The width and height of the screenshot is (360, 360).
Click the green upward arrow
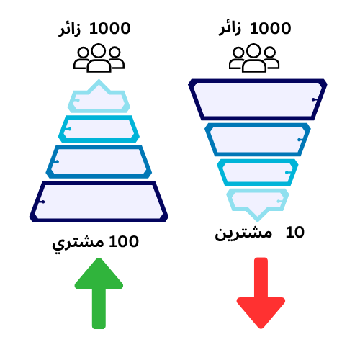(x=99, y=293)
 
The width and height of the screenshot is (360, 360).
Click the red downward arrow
(x=261, y=293)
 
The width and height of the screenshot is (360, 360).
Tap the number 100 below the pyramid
(x=124, y=241)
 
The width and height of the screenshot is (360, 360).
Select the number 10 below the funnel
(x=295, y=233)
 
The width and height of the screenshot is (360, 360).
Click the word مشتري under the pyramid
(x=78, y=243)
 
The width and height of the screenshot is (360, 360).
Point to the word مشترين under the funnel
(x=243, y=233)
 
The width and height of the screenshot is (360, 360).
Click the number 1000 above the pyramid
(x=110, y=28)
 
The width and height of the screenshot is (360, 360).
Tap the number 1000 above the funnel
(x=271, y=28)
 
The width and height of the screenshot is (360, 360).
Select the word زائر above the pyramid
(x=69, y=30)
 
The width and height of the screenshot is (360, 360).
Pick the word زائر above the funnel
(x=230, y=30)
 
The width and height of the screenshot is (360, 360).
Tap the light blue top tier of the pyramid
(x=99, y=110)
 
